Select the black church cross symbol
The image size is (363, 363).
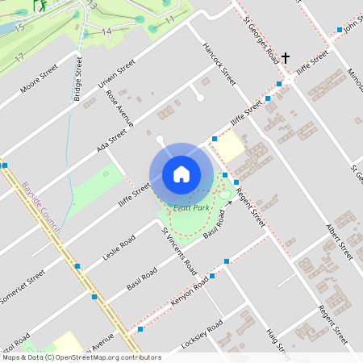coord(286,58)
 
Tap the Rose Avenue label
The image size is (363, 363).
coord(118,108)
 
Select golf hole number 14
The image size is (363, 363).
coord(106,31)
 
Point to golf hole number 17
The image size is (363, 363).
coord(19,58)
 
